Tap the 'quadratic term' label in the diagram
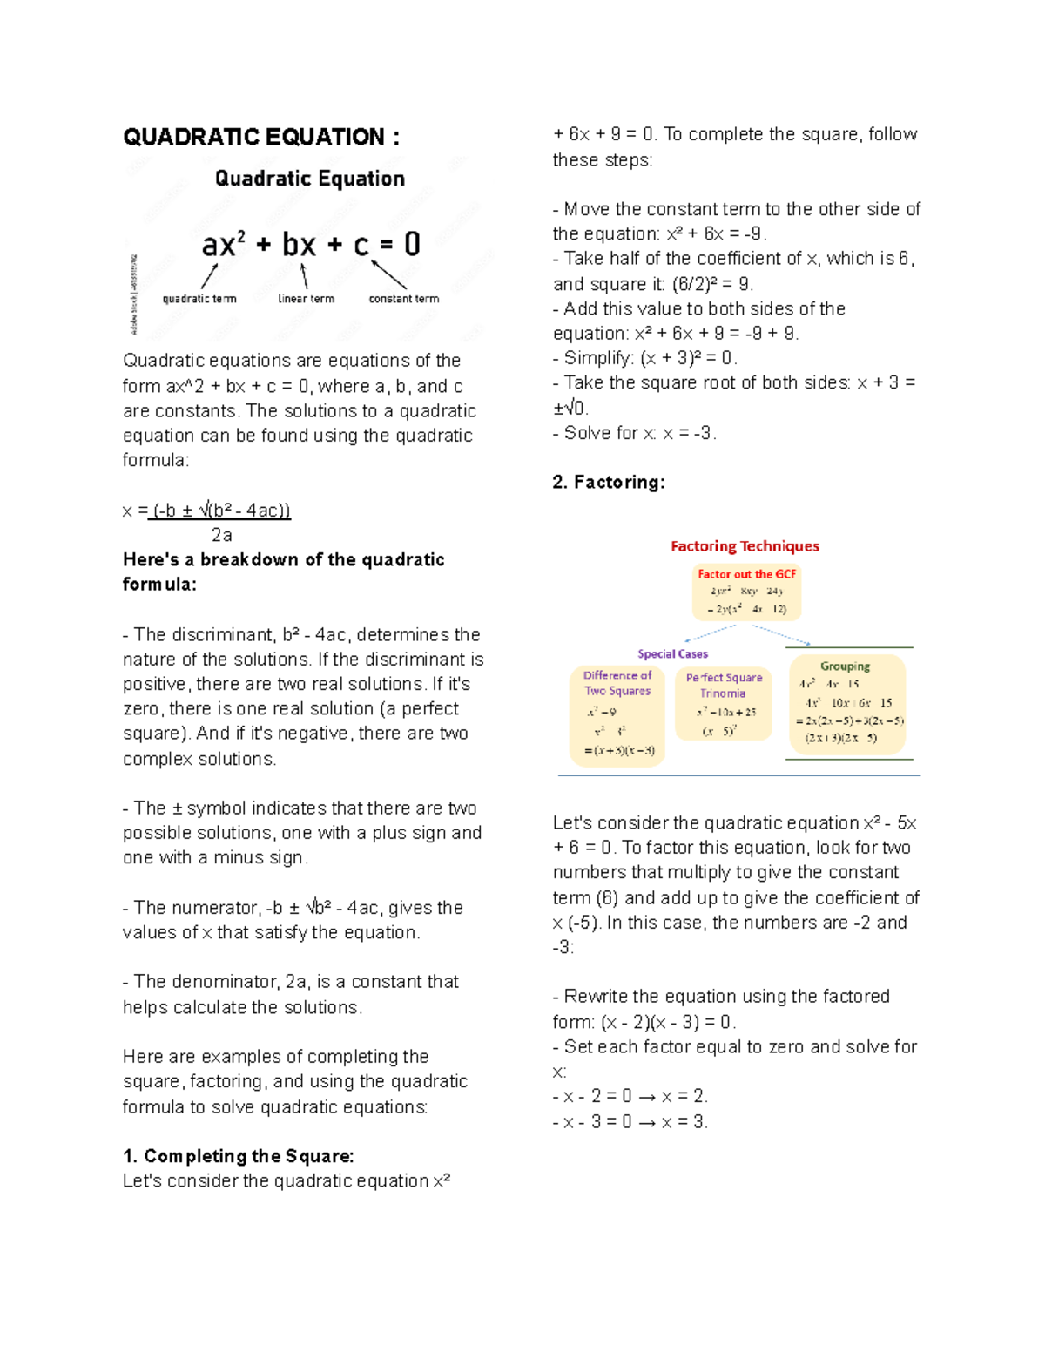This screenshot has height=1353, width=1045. tap(199, 299)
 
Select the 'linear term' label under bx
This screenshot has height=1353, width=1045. tap(306, 299)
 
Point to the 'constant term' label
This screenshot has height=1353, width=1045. tap(403, 299)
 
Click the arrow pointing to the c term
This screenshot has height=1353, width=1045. tap(389, 274)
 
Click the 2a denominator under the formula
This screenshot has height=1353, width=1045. tap(221, 535)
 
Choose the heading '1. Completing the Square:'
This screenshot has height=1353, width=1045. tap(238, 1156)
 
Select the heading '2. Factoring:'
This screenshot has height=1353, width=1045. tap(609, 483)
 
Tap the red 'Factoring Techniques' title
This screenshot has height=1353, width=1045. tap(745, 546)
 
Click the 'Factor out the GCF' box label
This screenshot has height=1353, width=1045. tap(746, 574)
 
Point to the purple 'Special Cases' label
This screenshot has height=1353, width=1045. tap(672, 654)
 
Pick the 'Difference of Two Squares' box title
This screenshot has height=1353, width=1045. tap(617, 683)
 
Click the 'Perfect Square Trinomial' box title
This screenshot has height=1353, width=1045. tap(724, 686)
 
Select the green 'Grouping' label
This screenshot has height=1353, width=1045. tap(845, 666)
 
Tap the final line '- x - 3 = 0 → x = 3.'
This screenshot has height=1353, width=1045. tap(630, 1122)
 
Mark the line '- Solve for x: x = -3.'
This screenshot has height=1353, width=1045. tap(635, 433)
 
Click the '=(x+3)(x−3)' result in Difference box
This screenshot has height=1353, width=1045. tap(619, 750)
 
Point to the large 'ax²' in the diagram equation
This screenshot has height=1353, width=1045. tap(224, 245)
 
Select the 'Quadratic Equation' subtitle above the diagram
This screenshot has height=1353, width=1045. tap(310, 179)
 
